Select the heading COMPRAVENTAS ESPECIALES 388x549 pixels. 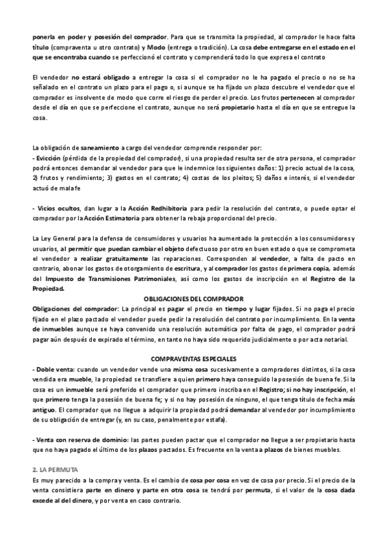tap(193, 358)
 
